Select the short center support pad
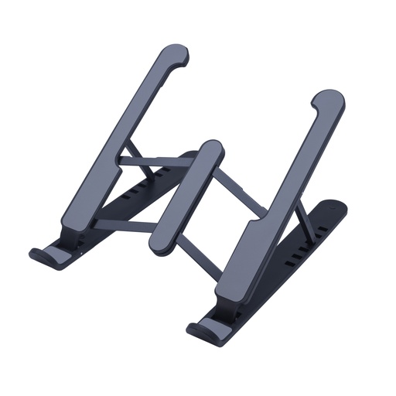click(x=185, y=197)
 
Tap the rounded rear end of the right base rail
click(x=336, y=207)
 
